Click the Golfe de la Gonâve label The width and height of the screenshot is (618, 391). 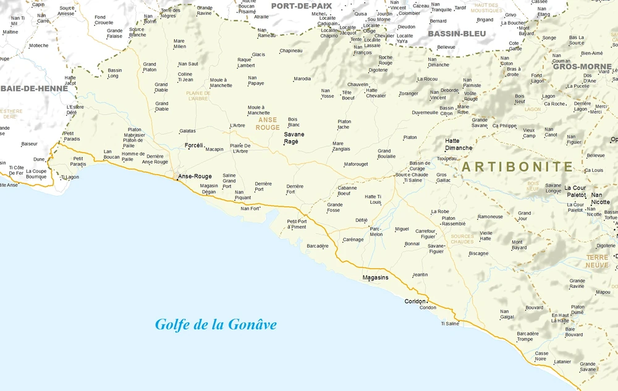pyautogui.click(x=216, y=324)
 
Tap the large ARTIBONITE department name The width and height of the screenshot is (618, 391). pyautogui.click(x=517, y=167)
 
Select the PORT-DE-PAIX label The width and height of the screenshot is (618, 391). pyautogui.click(x=302, y=6)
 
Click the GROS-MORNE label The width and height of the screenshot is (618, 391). pyautogui.click(x=582, y=66)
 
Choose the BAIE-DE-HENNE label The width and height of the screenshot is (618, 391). pyautogui.click(x=33, y=88)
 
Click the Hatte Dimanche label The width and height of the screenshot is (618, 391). pyautogui.click(x=459, y=145)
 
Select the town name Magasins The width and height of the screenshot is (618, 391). pyautogui.click(x=376, y=277)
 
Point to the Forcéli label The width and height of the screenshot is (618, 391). pyautogui.click(x=194, y=145)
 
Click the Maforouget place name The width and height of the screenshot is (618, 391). pyautogui.click(x=356, y=164)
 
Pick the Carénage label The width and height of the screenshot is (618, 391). pyautogui.click(x=353, y=240)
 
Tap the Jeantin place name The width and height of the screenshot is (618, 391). pyautogui.click(x=420, y=275)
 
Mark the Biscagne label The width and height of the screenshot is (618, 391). pyautogui.click(x=478, y=253)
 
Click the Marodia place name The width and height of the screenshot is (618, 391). pyautogui.click(x=302, y=79)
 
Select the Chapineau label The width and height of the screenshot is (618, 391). pyautogui.click(x=291, y=51)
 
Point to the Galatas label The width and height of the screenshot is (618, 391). pyautogui.click(x=187, y=131)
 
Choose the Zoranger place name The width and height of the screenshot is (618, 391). pyautogui.click(x=408, y=94)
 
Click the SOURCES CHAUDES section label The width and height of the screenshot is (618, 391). pyautogui.click(x=462, y=239)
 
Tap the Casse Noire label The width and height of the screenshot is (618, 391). pyautogui.click(x=541, y=356)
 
